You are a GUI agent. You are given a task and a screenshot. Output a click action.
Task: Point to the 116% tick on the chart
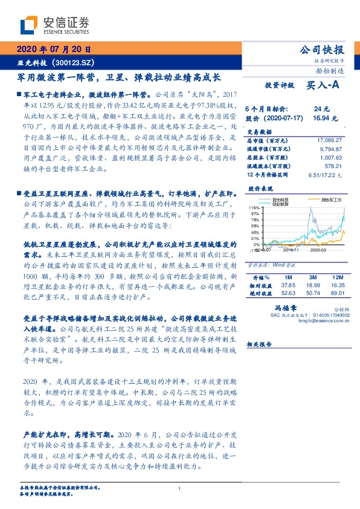pyautogui.click(x=254, y=207)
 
